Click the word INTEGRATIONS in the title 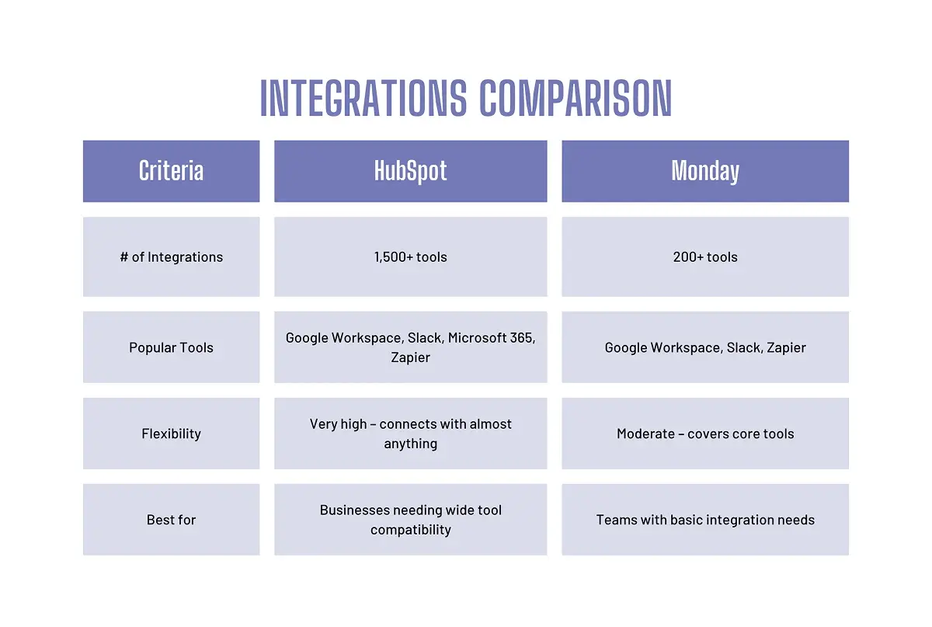[x=363, y=99]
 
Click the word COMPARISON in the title [x=576, y=99]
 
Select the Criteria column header [x=171, y=171]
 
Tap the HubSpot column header [x=410, y=171]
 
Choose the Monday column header [x=705, y=171]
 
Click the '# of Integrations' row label [x=171, y=257]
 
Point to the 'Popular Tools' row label [x=171, y=347]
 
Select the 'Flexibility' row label [x=171, y=434]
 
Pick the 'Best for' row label [x=171, y=520]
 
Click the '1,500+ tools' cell [x=410, y=257]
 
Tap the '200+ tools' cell [x=705, y=257]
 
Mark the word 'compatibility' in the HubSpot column [x=410, y=530]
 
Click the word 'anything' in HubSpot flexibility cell [x=410, y=444]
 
